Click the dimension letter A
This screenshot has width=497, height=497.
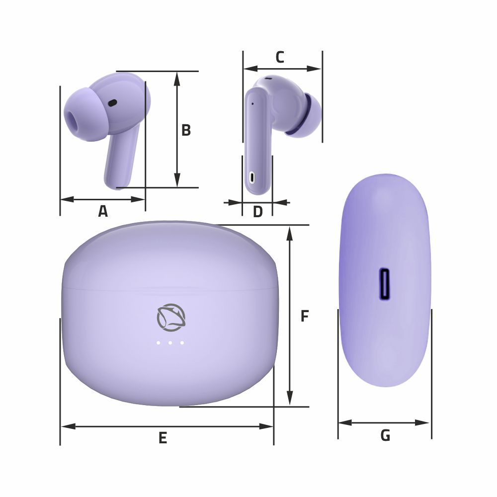pos(103,211)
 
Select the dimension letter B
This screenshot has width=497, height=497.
pos(186,130)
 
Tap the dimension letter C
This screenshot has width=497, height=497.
pos(280,57)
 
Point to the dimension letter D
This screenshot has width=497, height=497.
pos(257,212)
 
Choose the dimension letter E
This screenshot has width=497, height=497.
pos(163,438)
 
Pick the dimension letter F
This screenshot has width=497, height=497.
pos(305,316)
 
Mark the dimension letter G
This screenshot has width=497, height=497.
pos(385,435)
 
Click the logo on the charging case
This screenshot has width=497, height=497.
pos(171,318)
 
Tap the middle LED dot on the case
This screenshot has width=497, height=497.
pos(170,342)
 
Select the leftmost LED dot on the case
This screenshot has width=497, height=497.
pos(158,342)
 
